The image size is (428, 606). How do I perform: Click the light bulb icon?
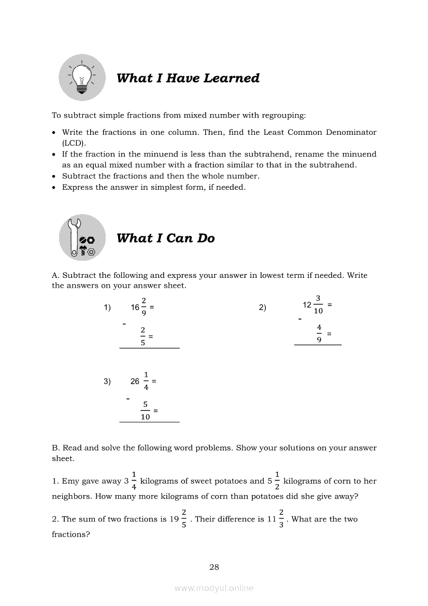coord(82,78)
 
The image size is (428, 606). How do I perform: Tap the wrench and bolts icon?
coord(82,238)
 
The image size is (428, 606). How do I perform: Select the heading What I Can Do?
coord(165,238)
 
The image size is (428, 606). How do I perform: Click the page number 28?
coord(214,567)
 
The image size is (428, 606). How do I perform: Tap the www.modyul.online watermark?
coord(214,588)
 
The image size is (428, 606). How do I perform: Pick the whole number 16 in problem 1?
coord(135,307)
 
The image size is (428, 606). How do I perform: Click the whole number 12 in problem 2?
coord(307,305)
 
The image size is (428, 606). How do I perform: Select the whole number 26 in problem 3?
coord(135,382)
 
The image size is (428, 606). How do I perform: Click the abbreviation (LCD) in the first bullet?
coord(73,143)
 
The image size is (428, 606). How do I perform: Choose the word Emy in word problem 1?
coord(70,481)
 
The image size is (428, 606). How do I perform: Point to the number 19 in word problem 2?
coord(175,519)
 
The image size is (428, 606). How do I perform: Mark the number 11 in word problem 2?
coord(272,519)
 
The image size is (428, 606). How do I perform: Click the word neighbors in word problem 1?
coord(72,496)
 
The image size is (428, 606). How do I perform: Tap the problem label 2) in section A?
coord(262,308)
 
